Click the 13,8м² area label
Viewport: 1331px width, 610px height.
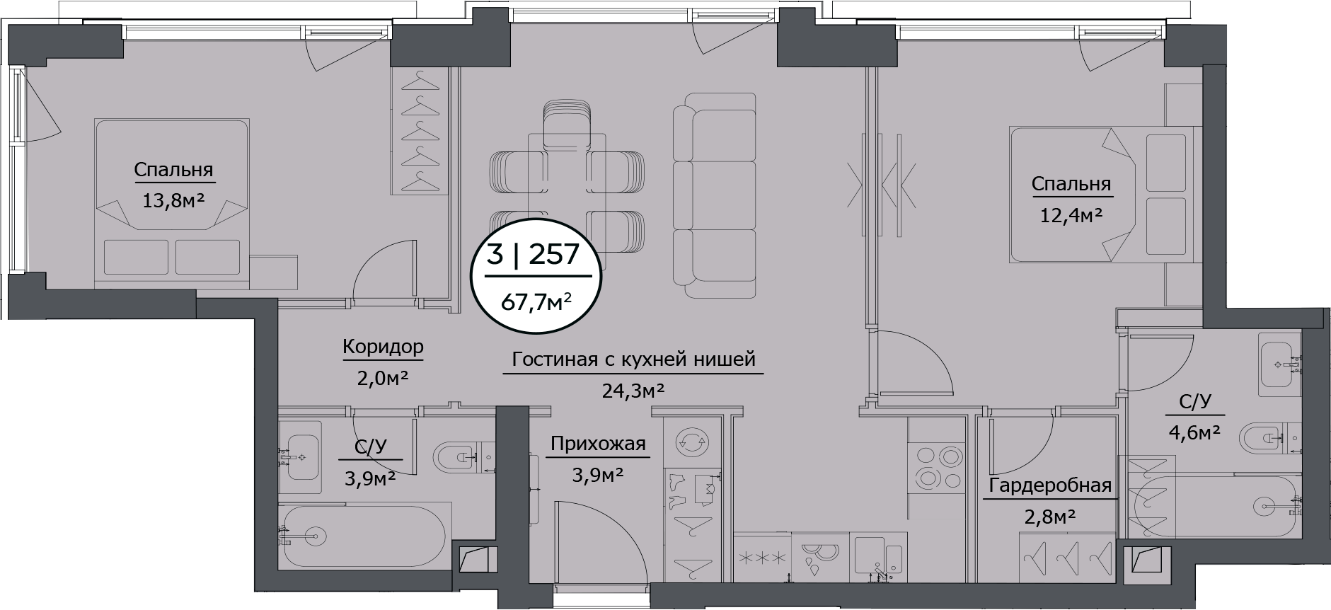[173, 201]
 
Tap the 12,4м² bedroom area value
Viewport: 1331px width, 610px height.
[1071, 215]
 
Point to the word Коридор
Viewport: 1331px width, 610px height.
[383, 347]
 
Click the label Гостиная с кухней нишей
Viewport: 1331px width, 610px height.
[633, 359]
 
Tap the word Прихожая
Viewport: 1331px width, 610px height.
[598, 444]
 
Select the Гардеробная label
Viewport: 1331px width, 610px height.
[1050, 486]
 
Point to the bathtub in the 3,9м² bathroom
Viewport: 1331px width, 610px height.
[364, 536]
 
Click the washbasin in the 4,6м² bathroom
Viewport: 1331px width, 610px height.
[1281, 365]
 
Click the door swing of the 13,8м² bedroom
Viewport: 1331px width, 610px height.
[382, 272]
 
